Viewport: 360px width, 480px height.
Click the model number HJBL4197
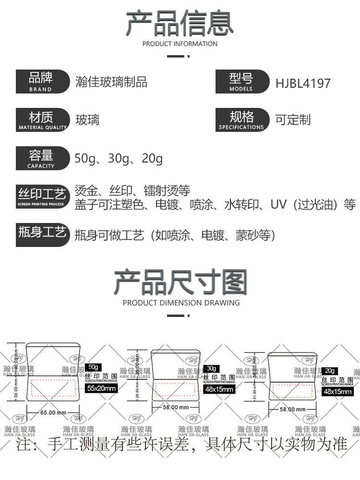point(303,83)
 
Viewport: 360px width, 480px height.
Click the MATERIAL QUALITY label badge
point(42,120)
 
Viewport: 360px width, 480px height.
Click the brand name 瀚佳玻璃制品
point(111,82)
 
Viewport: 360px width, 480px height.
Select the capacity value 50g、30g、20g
point(119,158)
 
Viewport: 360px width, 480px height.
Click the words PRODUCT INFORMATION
point(180,44)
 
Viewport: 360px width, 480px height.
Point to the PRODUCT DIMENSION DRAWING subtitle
point(181,303)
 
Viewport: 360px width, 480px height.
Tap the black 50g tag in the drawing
point(94,367)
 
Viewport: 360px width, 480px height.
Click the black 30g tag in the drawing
point(211,368)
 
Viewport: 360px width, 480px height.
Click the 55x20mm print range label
point(101,388)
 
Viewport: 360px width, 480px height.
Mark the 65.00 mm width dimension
point(53,412)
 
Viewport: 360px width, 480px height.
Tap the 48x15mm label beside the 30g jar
point(219,389)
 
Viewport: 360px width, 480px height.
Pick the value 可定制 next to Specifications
point(293,120)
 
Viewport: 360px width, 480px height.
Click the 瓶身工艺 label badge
point(42,234)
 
